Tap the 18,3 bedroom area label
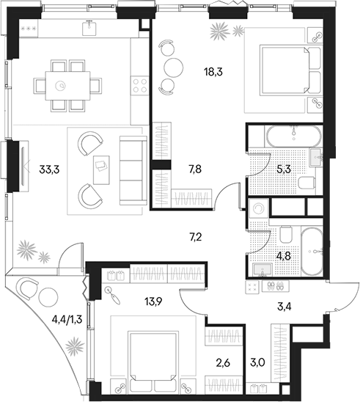click(215, 71)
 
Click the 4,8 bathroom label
click(283, 257)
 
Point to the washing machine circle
click(257, 208)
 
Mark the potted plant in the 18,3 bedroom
click(219, 32)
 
